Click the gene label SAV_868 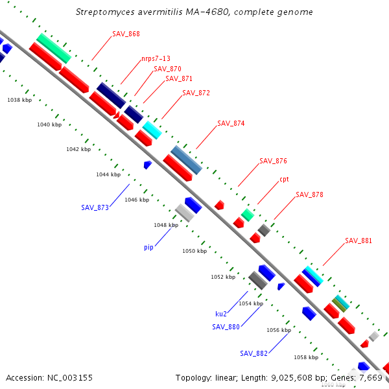(x=126, y=34)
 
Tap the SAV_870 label (x=167, y=69)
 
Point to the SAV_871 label (x=179, y=78)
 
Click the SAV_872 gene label (x=196, y=93)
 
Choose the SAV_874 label (x=231, y=123)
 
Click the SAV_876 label (x=273, y=161)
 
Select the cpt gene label (x=285, y=179)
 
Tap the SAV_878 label (x=309, y=194)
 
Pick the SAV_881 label (x=359, y=241)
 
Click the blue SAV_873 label (x=95, y=207)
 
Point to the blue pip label (x=148, y=247)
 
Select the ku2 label (x=221, y=313)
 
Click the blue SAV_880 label (x=226, y=327)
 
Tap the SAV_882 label (x=253, y=353)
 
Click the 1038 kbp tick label (x=19, y=100)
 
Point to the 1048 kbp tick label (x=165, y=225)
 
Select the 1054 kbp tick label (x=251, y=303)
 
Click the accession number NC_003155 (x=49, y=377)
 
